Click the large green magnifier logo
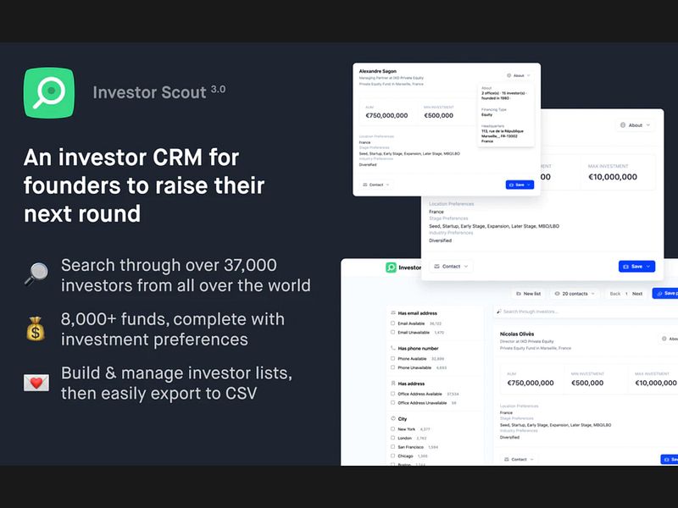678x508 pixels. coord(49,92)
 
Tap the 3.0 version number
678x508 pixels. coord(218,88)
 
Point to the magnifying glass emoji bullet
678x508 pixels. coord(36,274)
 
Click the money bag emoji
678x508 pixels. coord(36,329)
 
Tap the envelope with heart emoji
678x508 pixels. coord(36,383)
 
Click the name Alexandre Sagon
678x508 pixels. coord(378,71)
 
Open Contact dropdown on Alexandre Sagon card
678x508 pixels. coord(376,184)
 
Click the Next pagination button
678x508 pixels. coord(637,294)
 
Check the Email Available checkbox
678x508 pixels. coord(392,323)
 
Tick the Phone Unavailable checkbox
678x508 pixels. coord(392,367)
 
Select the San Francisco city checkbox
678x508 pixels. coord(392,446)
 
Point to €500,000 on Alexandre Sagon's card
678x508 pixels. coord(438,115)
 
